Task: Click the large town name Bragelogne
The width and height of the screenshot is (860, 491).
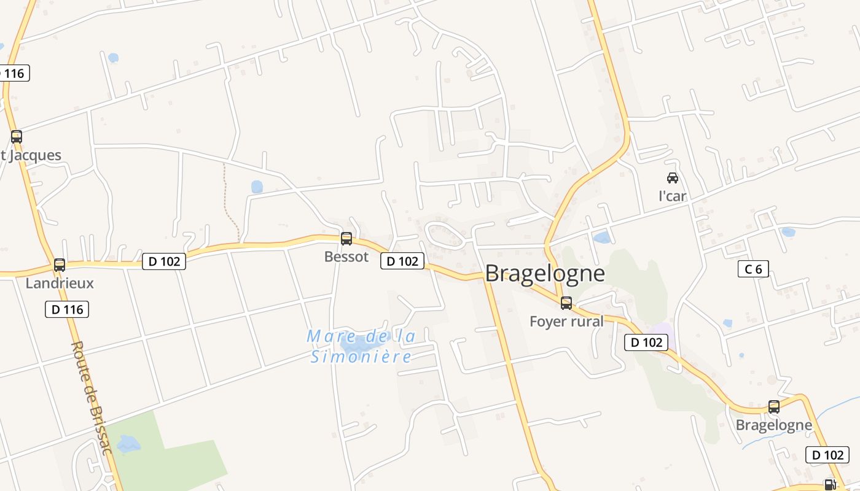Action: point(545,274)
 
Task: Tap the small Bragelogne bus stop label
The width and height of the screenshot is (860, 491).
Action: point(773,425)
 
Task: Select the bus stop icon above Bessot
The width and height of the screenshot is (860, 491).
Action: point(346,239)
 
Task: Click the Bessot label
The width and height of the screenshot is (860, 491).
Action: point(346,257)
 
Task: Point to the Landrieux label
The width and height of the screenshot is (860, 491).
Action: point(60,283)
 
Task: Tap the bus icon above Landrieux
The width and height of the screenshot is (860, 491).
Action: point(60,265)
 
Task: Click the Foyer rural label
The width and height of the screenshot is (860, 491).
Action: point(566,321)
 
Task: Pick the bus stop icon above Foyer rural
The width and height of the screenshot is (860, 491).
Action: point(566,303)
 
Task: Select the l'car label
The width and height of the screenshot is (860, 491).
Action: point(672,196)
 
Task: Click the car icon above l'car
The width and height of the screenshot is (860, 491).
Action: point(673,178)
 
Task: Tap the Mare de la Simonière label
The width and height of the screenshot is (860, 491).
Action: point(361,346)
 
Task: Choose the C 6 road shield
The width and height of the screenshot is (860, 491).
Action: point(753,269)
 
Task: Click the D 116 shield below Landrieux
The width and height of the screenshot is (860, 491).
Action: point(67,309)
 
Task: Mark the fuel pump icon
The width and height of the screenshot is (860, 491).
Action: point(830,485)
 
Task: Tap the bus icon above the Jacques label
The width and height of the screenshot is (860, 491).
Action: point(17,137)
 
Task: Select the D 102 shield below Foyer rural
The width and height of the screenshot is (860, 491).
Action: point(646,342)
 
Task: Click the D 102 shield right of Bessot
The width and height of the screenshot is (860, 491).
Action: point(402,261)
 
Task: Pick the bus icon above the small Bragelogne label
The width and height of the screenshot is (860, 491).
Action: point(774,406)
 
